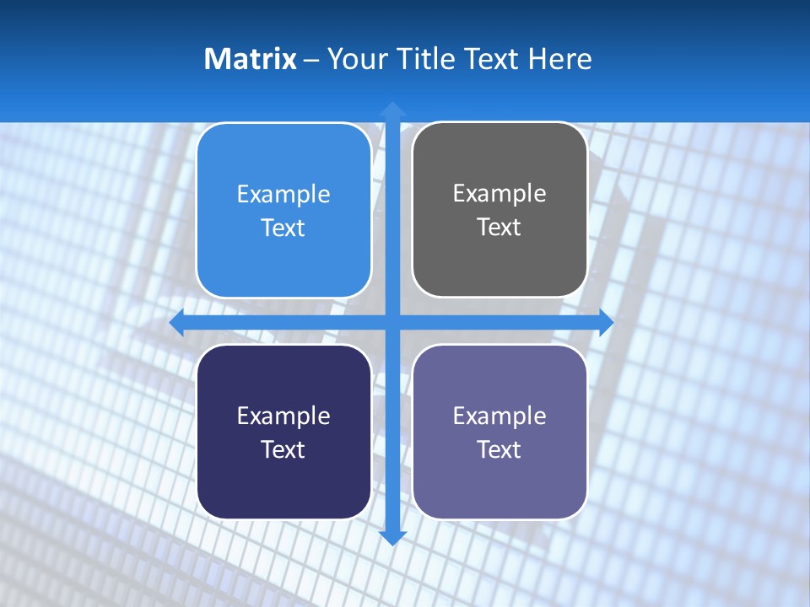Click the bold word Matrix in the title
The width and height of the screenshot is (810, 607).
click(x=251, y=59)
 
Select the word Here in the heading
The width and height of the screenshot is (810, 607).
click(x=559, y=59)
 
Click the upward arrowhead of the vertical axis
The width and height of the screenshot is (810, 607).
click(x=392, y=110)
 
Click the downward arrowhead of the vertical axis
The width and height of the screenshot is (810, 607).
click(x=392, y=537)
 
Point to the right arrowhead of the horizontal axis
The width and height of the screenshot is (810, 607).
click(x=606, y=322)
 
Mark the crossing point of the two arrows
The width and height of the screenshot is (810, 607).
click(x=392, y=322)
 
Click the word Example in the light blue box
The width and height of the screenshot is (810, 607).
click(x=283, y=195)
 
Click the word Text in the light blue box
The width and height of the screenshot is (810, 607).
click(x=283, y=228)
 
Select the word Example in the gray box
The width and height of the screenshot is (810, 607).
click(x=499, y=194)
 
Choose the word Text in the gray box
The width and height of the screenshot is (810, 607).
click(x=499, y=228)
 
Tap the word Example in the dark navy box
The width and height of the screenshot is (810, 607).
click(x=283, y=416)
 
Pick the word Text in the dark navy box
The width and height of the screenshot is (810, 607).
click(x=283, y=450)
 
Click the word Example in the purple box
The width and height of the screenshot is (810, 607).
click(x=499, y=416)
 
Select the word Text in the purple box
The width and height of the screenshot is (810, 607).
click(x=499, y=450)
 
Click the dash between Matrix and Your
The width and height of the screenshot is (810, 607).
click(x=311, y=60)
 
